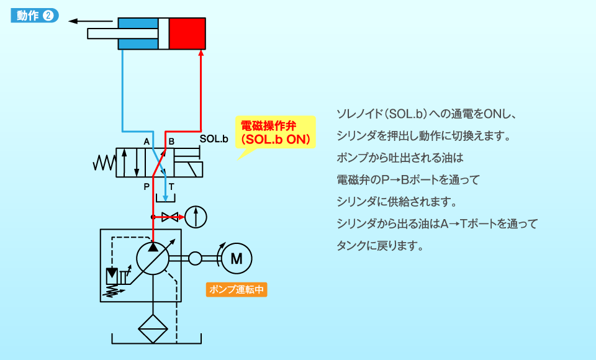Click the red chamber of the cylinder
[187, 34]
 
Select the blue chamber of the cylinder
[138, 34]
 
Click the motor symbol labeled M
[236, 258]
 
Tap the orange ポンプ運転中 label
[237, 290]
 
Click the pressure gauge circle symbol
[196, 217]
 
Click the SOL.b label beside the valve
[214, 139]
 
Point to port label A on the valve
[147, 142]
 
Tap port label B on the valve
[172, 142]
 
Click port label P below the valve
[147, 186]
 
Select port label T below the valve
[172, 186]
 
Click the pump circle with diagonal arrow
[153, 258]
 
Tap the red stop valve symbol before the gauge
[169, 217]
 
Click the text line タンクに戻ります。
[379, 245]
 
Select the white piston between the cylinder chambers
[163, 34]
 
